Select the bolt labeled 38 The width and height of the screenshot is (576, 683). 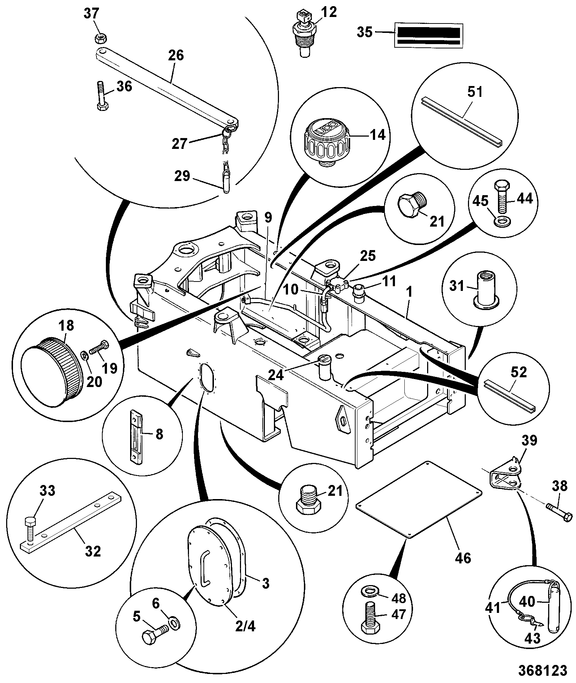[559, 514]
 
